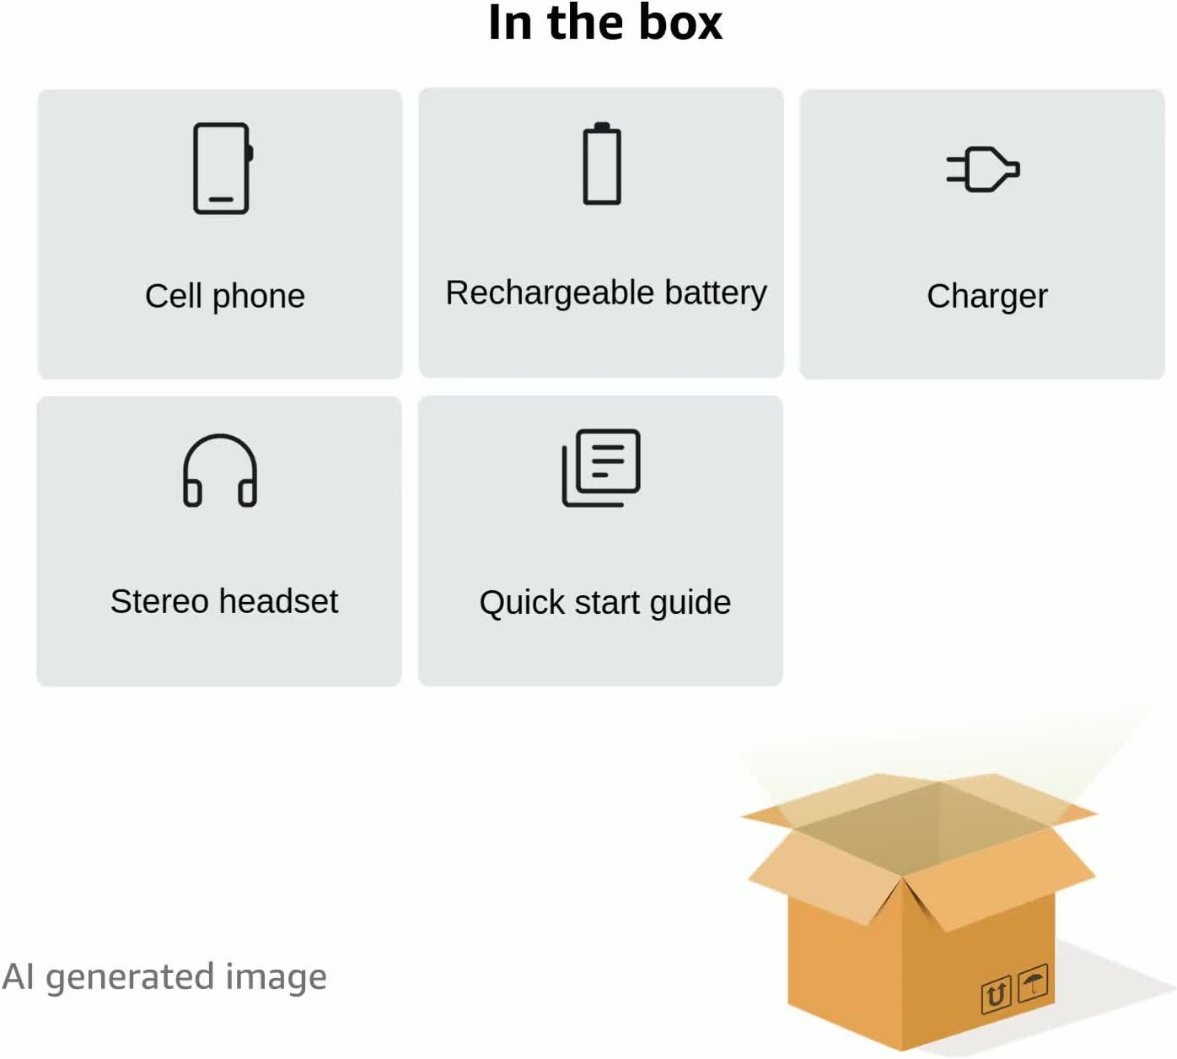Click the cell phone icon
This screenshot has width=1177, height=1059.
[x=223, y=169]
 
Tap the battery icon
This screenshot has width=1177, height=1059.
[x=602, y=164]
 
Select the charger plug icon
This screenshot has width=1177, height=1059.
[x=983, y=169]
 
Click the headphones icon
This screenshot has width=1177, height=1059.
[x=220, y=470]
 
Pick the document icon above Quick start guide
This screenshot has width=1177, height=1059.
[x=601, y=468]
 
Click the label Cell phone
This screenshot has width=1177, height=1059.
[x=225, y=296]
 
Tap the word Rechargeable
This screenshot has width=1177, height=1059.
[x=550, y=293]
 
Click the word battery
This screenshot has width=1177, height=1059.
[x=716, y=293]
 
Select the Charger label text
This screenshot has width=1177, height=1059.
[x=986, y=297]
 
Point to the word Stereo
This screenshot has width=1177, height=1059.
[x=159, y=602]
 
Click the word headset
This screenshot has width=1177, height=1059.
[x=278, y=602]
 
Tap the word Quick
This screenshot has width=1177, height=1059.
[x=522, y=604]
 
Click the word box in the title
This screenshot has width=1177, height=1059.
[x=680, y=23]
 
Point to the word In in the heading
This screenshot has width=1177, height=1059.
[x=510, y=23]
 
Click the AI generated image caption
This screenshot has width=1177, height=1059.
[x=164, y=977]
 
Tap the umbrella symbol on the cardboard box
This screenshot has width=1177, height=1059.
[x=1033, y=983]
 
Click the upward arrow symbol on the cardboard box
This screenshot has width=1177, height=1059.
[x=996, y=995]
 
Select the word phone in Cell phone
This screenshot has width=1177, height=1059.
[x=259, y=297]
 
